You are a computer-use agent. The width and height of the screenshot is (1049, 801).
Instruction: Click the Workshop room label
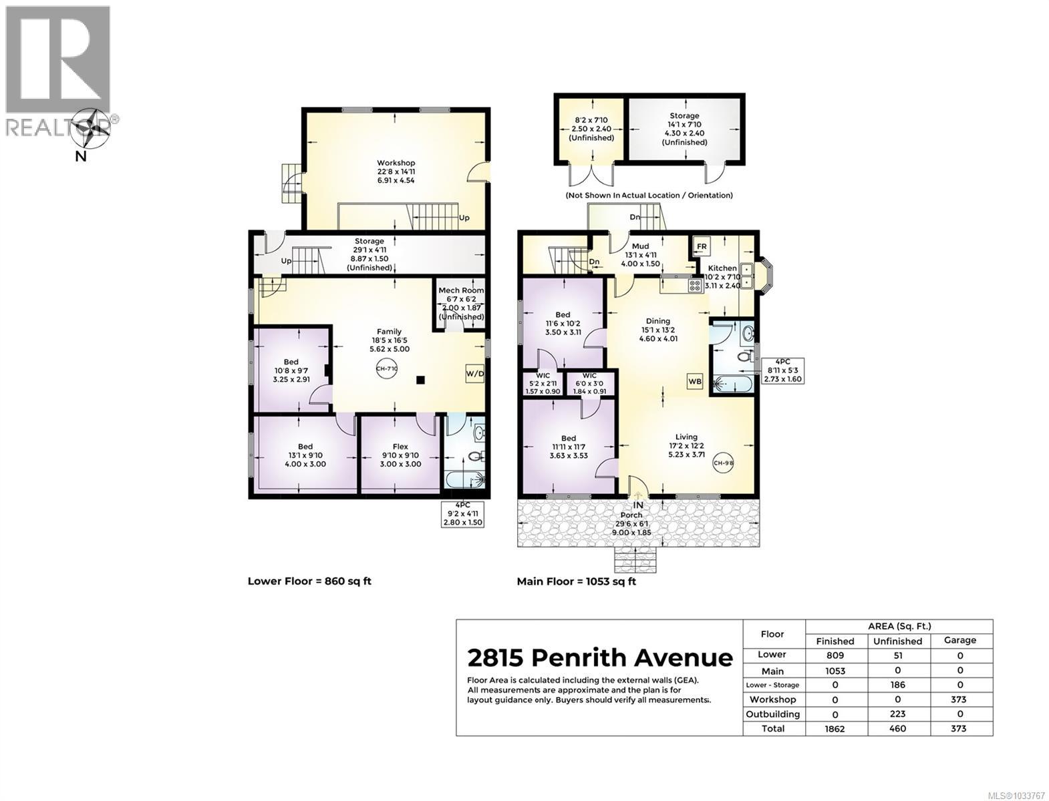point(396,163)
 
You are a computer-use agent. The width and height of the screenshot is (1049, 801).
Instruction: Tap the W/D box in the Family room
point(474,374)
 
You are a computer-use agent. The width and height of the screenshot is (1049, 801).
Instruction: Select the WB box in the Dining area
point(695,382)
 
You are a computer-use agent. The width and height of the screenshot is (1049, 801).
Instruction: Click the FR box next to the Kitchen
point(702,246)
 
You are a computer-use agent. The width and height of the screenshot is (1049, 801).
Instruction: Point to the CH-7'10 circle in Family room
point(387,368)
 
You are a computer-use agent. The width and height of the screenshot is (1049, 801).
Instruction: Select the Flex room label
point(400,447)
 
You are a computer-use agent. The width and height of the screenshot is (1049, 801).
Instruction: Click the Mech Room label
point(461,291)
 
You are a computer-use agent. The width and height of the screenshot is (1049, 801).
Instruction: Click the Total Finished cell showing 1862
point(835,728)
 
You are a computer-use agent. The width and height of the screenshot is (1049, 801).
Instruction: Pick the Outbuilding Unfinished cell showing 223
point(897,714)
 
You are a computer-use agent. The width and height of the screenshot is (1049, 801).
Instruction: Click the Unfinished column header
point(897,641)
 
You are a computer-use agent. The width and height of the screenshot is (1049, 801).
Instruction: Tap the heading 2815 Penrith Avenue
point(599,657)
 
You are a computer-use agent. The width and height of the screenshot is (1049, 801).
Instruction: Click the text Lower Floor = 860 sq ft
point(309,581)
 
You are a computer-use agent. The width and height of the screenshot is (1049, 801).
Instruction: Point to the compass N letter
point(80,156)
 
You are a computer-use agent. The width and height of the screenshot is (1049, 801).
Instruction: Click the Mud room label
point(640,246)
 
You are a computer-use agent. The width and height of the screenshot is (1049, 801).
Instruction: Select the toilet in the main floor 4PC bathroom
point(744,357)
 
